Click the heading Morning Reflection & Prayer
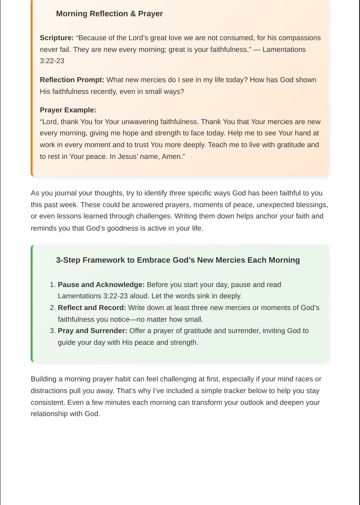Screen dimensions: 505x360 [x=109, y=14]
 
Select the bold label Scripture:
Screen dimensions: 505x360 [x=57, y=38]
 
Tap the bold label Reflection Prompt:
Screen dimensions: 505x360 [x=72, y=80]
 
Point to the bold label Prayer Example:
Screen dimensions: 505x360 [x=68, y=110]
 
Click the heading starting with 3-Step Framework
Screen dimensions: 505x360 [x=178, y=260]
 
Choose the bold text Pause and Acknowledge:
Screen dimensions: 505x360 [x=101, y=285]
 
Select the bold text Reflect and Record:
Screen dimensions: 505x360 [x=92, y=308]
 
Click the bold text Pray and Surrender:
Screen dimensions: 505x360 [x=92, y=331]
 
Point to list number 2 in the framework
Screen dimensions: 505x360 [x=52, y=308]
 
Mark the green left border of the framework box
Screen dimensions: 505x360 [x=32, y=303]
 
